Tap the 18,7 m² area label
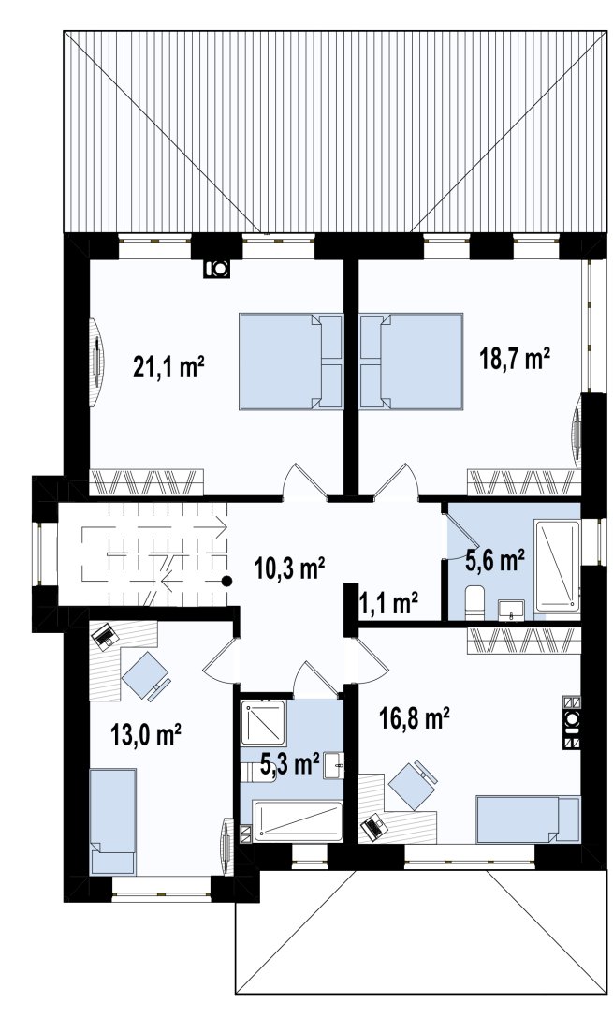tap(515, 360)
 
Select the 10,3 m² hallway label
tap(290, 568)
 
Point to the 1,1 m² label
tap(389, 602)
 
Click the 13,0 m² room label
tap(146, 734)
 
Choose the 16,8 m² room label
tap(415, 717)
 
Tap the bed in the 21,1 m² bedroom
tap(291, 361)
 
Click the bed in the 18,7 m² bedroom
tap(411, 361)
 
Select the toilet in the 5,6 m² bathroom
tap(474, 602)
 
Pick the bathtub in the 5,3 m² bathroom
tap(298, 820)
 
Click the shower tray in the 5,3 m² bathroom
tap(263, 723)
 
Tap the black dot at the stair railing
tap(226, 581)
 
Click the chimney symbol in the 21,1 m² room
tap(216, 268)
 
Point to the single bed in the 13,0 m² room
tap(112, 820)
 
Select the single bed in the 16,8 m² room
tap(528, 819)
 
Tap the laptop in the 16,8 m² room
tap(374, 826)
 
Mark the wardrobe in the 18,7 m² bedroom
tap(524, 481)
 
